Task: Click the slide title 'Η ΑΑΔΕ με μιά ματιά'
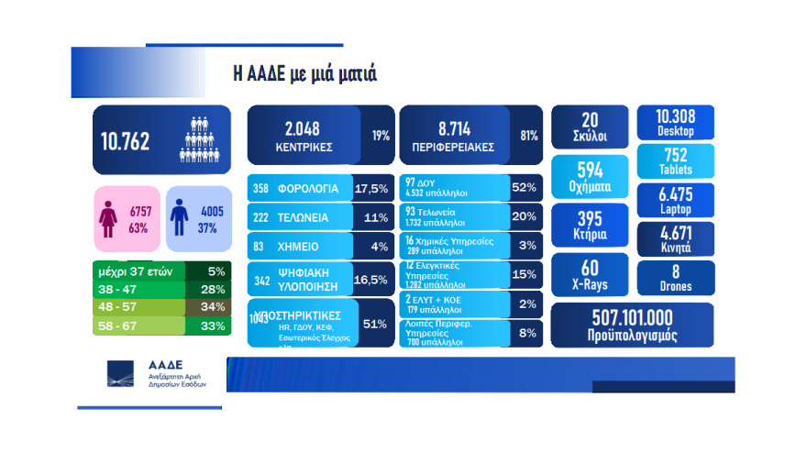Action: point(304,73)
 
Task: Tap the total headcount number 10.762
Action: point(126,141)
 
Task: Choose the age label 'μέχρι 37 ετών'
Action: point(135,272)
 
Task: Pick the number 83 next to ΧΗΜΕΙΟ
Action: point(260,249)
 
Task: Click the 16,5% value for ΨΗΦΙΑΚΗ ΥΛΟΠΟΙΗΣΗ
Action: point(374,280)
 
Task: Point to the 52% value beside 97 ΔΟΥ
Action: point(524,189)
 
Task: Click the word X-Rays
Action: point(589,286)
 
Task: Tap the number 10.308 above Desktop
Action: point(675,116)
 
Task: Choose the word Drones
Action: point(675,286)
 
